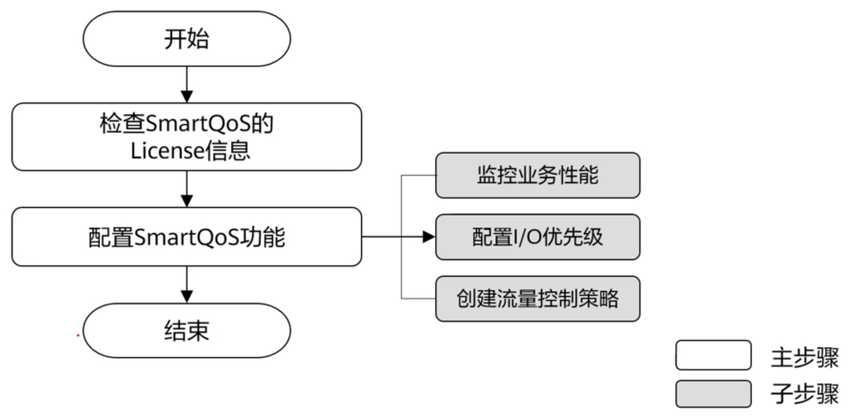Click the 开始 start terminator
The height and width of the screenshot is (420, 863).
pos(186,39)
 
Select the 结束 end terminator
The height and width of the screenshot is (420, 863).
pos(186,331)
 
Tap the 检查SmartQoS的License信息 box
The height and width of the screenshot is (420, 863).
pos(186,137)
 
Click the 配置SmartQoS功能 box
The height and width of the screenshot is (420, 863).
pos(186,237)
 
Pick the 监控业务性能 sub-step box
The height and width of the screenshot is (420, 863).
pos(537,175)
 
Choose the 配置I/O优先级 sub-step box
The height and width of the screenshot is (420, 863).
pos(537,237)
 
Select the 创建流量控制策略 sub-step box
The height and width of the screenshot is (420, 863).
pos(537,298)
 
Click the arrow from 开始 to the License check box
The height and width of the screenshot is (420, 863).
pos(186,84)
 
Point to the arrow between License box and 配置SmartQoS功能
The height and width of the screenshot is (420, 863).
pos(186,188)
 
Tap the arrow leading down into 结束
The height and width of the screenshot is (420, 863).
pos(186,284)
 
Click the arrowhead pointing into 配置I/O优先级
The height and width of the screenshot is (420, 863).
pos(429,237)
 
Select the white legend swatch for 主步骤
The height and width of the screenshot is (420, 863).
pos(713,355)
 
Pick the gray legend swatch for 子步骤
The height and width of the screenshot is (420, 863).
pos(713,393)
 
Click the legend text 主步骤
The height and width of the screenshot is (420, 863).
pos(805,358)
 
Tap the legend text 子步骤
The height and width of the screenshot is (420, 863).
pos(805,395)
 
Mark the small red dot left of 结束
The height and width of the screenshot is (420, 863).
pos(78,335)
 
